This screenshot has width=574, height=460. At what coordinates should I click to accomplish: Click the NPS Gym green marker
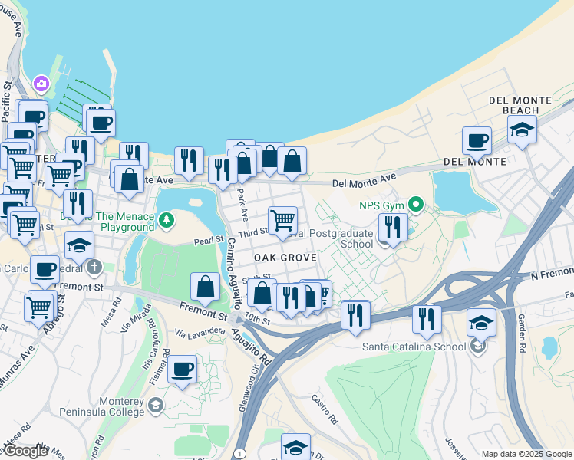[416, 204]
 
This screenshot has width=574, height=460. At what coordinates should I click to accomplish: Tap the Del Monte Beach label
[520, 105]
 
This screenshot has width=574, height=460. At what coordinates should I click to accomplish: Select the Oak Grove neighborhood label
[285, 258]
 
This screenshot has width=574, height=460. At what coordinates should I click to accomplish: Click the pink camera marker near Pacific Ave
[41, 83]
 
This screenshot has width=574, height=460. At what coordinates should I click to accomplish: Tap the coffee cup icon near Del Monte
[477, 141]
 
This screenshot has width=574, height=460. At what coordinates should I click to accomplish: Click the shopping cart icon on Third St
[283, 220]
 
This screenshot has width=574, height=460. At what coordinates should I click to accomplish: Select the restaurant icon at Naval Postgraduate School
[392, 228]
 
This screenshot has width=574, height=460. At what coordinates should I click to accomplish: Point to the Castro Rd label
[324, 409]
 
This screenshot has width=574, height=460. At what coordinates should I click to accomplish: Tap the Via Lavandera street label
[200, 332]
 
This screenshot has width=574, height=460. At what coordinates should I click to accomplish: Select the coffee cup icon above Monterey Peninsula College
[183, 370]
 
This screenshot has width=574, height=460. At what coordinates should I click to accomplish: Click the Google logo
[25, 451]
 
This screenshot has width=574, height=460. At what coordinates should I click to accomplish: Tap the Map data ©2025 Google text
[526, 454]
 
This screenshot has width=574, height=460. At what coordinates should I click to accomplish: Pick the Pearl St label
[207, 241]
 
